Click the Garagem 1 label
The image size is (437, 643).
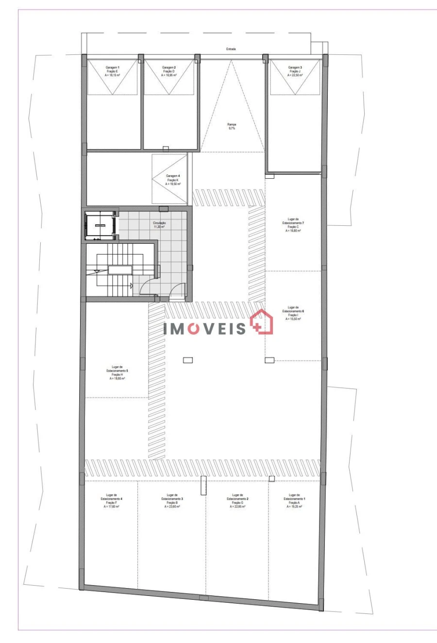(x=112, y=71)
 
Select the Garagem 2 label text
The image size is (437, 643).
(x=168, y=71)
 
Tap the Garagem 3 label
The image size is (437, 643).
(x=295, y=71)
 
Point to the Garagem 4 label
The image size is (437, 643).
(x=173, y=180)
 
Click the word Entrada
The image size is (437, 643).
(x=231, y=49)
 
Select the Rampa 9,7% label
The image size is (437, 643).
(x=232, y=126)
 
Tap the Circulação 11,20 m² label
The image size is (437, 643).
(x=159, y=224)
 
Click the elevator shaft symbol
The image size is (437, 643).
(x=100, y=226)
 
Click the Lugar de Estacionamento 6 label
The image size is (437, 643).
(x=293, y=313)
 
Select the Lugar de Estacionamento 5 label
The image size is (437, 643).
(x=117, y=372)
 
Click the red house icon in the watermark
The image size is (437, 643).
(x=262, y=322)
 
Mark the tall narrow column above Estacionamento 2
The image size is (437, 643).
(x=204, y=486)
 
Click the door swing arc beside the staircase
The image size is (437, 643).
(x=147, y=288)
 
